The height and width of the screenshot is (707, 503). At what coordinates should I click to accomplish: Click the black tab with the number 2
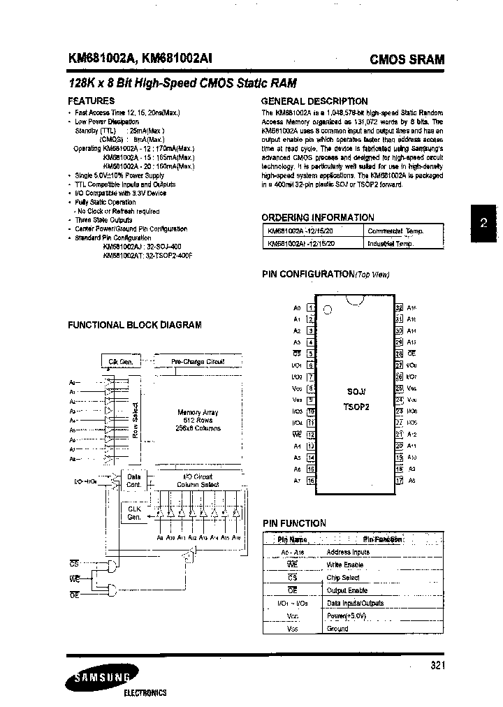pyautogui.click(x=483, y=224)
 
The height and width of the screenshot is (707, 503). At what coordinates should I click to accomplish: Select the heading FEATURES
pyautogui.click(x=92, y=101)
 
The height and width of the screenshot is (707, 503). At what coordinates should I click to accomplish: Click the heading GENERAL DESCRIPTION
pyautogui.click(x=314, y=101)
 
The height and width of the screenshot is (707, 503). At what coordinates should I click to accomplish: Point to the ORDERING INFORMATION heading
pyautogui.click(x=318, y=217)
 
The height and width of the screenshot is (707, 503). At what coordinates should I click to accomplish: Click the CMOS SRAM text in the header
pyautogui.click(x=407, y=60)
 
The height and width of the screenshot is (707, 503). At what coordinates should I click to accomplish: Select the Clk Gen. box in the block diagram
pyautogui.click(x=120, y=362)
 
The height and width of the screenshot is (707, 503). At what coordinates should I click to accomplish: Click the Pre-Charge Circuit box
pyautogui.click(x=198, y=362)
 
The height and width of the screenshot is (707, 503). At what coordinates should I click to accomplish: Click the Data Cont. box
pyautogui.click(x=133, y=480)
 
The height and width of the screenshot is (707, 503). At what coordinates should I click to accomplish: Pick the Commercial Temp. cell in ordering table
pyautogui.click(x=395, y=231)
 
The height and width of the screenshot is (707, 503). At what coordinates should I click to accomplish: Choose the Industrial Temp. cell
pyautogui.click(x=391, y=243)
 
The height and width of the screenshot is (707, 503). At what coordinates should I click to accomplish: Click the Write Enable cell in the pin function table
pyautogui.click(x=344, y=564)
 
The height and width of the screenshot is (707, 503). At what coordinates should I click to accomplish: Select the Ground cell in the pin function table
pyautogui.click(x=337, y=629)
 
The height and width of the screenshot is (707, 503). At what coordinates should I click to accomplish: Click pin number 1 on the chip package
pyautogui.click(x=311, y=307)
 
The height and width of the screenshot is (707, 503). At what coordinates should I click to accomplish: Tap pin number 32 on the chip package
pyautogui.click(x=399, y=307)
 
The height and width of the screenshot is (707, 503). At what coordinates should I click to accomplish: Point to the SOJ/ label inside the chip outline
pyautogui.click(x=356, y=391)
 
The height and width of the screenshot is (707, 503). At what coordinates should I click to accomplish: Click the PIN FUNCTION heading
pyautogui.click(x=294, y=523)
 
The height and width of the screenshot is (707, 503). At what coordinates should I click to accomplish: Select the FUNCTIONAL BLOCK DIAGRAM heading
pyautogui.click(x=135, y=325)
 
